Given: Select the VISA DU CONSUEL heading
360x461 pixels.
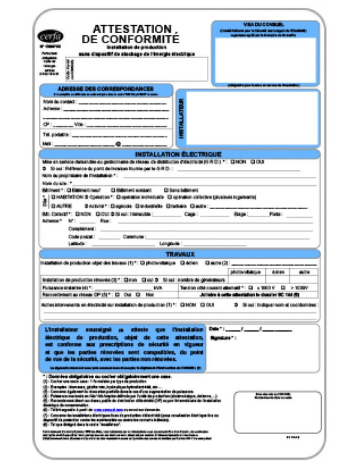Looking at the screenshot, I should pos(265,23).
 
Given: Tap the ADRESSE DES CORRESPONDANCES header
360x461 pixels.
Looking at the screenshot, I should pos(106,88).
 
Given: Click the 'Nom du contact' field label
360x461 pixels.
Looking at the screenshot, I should pos(56,102).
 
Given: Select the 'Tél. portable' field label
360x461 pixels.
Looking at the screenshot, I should pos(55,134).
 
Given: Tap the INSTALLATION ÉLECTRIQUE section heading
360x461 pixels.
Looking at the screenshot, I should pos(178,154).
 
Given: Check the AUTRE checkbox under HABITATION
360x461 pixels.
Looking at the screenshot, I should pos(53,206).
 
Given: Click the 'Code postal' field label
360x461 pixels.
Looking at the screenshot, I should pos(82,236).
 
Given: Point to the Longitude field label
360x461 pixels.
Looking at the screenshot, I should pos(170,244).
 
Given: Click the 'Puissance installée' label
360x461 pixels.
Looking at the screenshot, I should pos(64,288).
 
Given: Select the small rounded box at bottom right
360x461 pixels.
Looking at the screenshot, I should pos(277,412).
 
